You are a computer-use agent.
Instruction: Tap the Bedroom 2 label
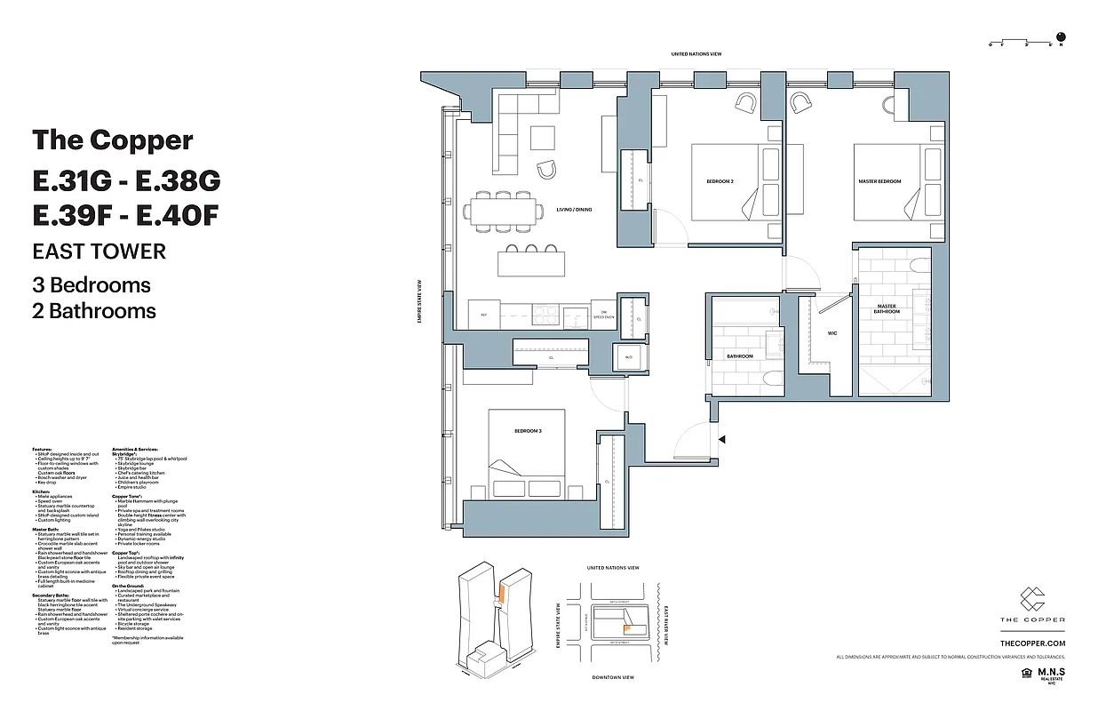click(720, 181)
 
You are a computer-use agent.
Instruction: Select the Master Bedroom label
click(879, 181)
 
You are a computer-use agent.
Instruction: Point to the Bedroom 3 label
click(527, 431)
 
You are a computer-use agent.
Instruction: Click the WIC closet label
click(831, 334)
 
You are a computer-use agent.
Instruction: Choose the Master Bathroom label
click(886, 309)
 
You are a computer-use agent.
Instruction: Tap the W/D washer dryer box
click(628, 358)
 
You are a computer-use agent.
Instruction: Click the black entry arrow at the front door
click(722, 439)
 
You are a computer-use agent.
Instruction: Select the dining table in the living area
click(503, 212)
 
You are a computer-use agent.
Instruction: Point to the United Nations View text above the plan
click(696, 54)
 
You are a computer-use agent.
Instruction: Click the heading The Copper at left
click(113, 140)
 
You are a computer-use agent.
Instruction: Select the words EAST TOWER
click(99, 251)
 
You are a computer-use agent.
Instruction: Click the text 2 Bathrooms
click(94, 311)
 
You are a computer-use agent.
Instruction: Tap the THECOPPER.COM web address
click(1032, 643)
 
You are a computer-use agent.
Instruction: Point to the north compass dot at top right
click(1060, 37)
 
